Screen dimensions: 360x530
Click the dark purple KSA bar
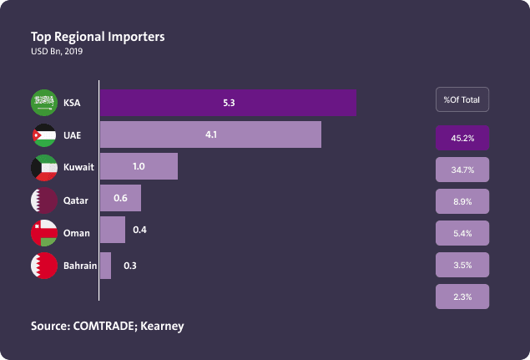[228, 103]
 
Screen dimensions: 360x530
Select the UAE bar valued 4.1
[210, 134]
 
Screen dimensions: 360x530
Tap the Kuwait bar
[139, 166]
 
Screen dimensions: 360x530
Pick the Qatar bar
[120, 199]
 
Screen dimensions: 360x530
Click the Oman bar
[113, 231]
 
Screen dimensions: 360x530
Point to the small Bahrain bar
[105, 266]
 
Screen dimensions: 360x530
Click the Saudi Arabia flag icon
[43, 104]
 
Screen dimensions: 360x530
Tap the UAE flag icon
[43, 135]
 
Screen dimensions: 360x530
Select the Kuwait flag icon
[43, 167]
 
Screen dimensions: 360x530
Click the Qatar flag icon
[43, 200]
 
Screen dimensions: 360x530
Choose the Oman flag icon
[43, 233]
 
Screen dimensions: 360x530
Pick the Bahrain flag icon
[43, 266]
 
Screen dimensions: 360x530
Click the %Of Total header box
[462, 99]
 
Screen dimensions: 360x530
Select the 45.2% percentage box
[462, 138]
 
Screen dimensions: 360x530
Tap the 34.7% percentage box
[462, 170]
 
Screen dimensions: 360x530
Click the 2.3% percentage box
[462, 297]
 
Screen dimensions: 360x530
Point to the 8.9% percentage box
[462, 201]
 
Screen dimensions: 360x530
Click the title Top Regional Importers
[98, 37]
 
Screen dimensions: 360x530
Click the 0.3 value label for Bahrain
[130, 266]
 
